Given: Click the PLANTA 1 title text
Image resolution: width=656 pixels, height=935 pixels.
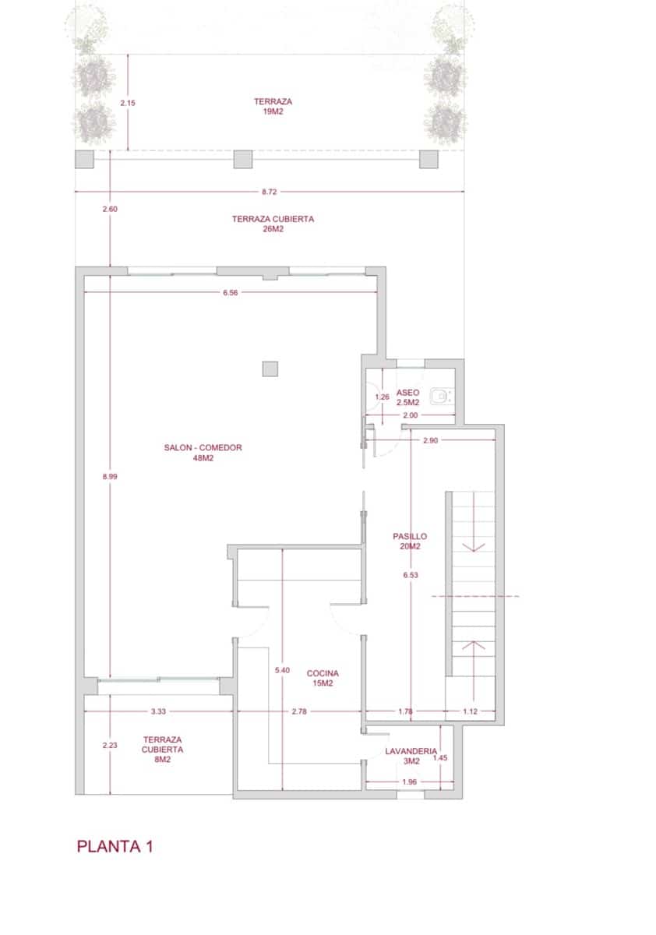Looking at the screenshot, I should point(115,847).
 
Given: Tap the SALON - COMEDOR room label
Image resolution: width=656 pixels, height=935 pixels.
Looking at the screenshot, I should point(203,453).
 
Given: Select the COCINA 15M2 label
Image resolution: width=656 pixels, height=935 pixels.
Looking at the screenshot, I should point(323,678).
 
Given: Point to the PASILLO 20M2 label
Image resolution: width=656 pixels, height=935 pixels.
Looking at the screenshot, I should point(410,542).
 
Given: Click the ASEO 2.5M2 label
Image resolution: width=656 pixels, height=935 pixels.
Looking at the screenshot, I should point(408,397).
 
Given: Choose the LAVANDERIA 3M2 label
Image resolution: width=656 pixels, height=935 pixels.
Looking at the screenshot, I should point(411,757).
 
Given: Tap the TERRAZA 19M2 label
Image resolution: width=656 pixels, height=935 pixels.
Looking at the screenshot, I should point(272,107).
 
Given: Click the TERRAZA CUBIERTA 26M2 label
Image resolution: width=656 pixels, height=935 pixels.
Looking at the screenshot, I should point(273,224).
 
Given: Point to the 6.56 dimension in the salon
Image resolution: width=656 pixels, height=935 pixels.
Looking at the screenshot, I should point(230,293).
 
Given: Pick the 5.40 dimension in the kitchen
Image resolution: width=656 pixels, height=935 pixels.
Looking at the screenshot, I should point(282,670).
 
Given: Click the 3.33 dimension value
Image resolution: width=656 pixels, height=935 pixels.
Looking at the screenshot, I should point(159,711).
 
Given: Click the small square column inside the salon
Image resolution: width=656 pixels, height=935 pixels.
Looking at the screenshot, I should point(270,369).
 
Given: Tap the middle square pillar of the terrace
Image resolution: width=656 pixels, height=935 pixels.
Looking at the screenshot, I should point(244,159).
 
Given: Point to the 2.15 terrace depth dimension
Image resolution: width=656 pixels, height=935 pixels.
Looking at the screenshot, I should point(128,102).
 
